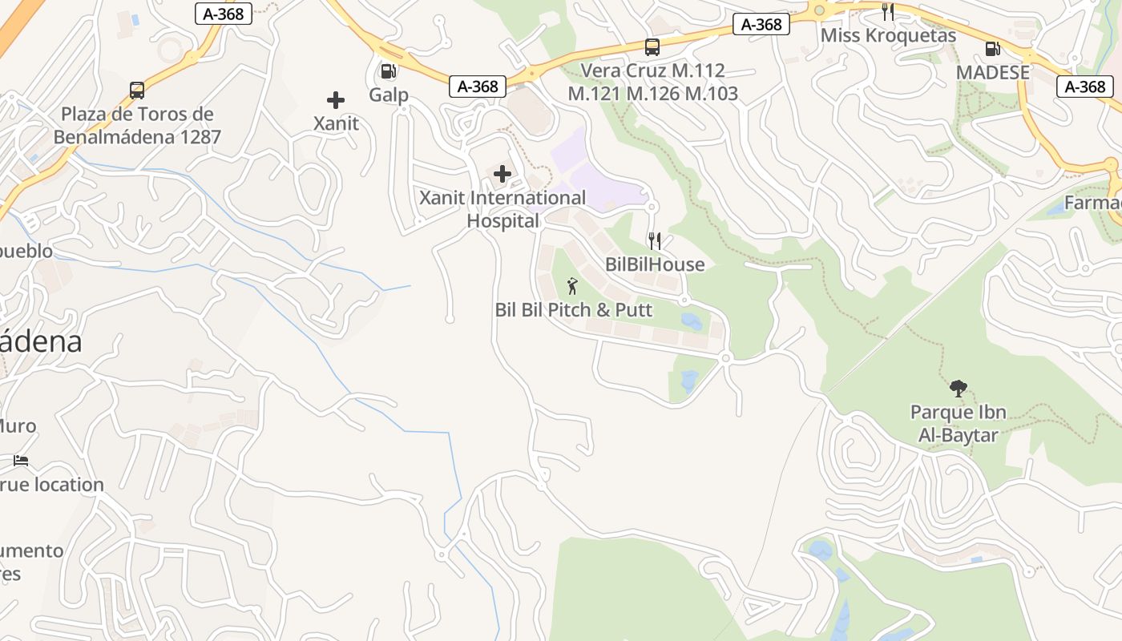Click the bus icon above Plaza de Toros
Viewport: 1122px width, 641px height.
[137, 91]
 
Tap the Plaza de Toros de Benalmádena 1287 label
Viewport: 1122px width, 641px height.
[137, 126]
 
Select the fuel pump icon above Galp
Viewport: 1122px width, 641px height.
[389, 71]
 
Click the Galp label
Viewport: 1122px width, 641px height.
[389, 95]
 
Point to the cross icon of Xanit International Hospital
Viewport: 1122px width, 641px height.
[502, 174]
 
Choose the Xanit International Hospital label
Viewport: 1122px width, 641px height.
[503, 209]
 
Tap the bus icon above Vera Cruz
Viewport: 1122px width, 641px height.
[652, 47]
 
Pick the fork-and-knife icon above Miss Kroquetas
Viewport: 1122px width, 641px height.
[888, 12]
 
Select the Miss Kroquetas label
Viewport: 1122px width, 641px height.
[888, 36]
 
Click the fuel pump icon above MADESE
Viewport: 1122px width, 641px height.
[992, 49]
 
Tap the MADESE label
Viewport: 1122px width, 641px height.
[992, 73]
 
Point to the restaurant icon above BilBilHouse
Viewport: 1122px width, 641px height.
[655, 241]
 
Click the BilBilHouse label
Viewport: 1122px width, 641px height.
[655, 264]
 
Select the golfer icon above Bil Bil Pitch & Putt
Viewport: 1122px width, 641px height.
[572, 286]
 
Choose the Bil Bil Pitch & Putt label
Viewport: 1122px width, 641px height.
[574, 310]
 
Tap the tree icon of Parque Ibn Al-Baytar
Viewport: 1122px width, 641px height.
[958, 389]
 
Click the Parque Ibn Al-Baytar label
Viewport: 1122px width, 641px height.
[958, 424]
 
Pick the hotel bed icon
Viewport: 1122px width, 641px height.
[21, 461]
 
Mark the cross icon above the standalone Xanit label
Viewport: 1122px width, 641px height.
[336, 100]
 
